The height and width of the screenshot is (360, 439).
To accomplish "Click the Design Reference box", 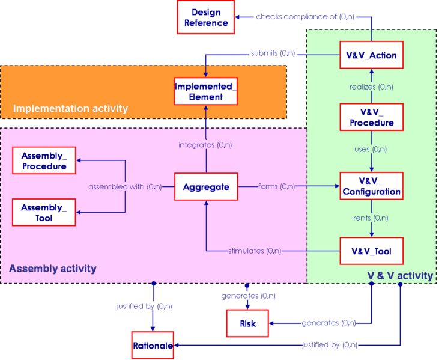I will (x=206, y=17).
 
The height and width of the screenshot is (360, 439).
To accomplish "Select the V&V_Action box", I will (x=371, y=56).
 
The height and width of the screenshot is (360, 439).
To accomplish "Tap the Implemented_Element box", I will (x=206, y=91).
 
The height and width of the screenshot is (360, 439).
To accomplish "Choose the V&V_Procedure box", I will (x=371, y=117).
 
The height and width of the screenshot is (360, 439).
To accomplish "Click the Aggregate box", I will (x=206, y=187).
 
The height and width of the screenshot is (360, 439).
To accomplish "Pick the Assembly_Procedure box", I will (x=44, y=161).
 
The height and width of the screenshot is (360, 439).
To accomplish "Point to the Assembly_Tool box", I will (x=44, y=212).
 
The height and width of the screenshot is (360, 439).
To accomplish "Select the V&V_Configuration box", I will (x=371, y=186).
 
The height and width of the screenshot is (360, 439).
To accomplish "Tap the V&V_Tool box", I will (x=371, y=251).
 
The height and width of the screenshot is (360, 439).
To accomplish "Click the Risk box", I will (x=247, y=323).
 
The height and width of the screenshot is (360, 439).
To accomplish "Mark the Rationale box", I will (x=153, y=346).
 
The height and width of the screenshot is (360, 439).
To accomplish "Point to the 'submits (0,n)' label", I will (x=273, y=53).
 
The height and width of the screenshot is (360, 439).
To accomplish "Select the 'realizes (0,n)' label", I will (x=371, y=87).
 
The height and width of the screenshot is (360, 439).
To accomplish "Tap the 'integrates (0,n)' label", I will (x=206, y=145).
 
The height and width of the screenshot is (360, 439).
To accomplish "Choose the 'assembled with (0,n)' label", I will (x=125, y=186).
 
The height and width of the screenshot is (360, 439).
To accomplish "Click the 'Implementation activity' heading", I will (x=70, y=109).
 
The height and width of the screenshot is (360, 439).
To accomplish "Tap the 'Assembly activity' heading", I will (x=53, y=269).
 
